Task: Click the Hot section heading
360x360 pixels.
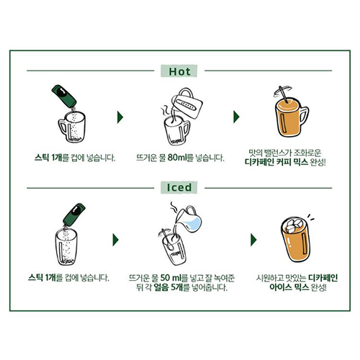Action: [x=179, y=71]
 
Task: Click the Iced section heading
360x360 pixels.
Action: [x=179, y=187]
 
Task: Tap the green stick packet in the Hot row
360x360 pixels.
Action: [x=64, y=96]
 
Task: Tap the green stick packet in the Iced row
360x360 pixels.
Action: [x=74, y=215]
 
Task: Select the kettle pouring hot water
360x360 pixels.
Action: [x=187, y=103]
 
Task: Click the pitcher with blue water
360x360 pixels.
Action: [x=189, y=220]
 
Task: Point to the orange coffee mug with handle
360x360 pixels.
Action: [x=291, y=117]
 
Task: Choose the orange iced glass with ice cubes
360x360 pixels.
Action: [x=295, y=240]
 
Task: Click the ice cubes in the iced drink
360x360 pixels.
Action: [x=292, y=225]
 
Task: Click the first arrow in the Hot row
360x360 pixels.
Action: [x=120, y=117]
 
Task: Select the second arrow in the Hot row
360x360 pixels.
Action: [x=236, y=117]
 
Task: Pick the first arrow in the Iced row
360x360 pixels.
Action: [x=116, y=240]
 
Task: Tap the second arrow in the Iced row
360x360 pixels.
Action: [x=253, y=240]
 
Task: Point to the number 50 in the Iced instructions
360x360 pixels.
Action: [x=165, y=278]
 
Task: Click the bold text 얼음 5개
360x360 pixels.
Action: [x=168, y=287]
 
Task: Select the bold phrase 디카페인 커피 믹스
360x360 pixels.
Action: [x=276, y=162]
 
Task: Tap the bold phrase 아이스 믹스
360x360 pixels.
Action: [x=289, y=287]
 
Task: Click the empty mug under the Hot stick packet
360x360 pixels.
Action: [x=71, y=127]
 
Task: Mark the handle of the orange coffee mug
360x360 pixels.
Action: [x=304, y=117]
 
